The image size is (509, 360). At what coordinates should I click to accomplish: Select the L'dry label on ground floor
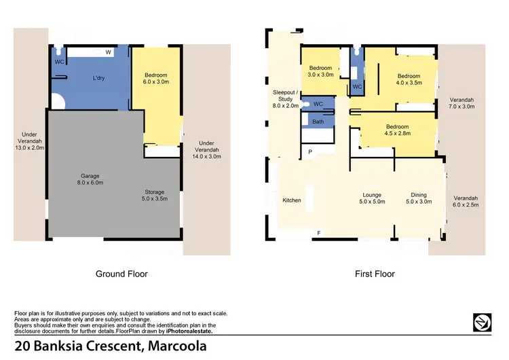[98, 79]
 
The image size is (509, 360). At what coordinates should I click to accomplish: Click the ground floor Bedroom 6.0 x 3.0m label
[156, 77]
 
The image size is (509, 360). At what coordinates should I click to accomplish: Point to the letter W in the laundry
[109, 52]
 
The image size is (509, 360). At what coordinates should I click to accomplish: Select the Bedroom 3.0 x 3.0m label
[320, 71]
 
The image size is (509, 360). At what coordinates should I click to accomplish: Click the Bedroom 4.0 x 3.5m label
[409, 79]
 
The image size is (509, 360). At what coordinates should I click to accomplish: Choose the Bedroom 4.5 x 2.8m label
[396, 130]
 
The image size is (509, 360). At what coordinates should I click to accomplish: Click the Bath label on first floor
[317, 122]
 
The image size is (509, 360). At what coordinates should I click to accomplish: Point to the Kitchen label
[292, 200]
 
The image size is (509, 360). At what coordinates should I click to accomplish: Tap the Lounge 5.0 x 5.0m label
[372, 198]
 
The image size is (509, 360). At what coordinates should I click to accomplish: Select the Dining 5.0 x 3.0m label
[418, 198]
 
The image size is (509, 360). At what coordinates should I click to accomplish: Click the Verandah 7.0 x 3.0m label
[461, 103]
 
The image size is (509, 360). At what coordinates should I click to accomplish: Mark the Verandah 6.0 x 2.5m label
[466, 201]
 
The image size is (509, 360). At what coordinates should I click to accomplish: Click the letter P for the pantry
[310, 152]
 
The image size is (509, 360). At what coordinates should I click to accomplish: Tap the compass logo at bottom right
[483, 322]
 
